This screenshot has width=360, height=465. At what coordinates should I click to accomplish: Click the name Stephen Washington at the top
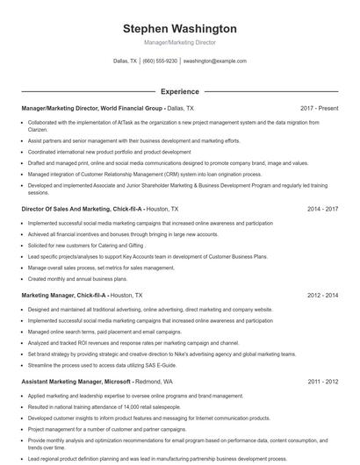pyautogui.click(x=179, y=29)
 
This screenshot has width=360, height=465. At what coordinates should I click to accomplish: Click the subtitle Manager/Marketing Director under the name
pyautogui.click(x=179, y=42)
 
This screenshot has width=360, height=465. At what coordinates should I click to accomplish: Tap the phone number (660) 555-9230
pyautogui.click(x=160, y=61)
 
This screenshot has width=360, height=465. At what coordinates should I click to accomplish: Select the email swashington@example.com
pyautogui.click(x=214, y=61)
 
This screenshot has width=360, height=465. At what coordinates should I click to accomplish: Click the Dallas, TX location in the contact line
pyautogui.click(x=126, y=61)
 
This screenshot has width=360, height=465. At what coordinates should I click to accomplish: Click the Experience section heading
pyautogui.click(x=179, y=91)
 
